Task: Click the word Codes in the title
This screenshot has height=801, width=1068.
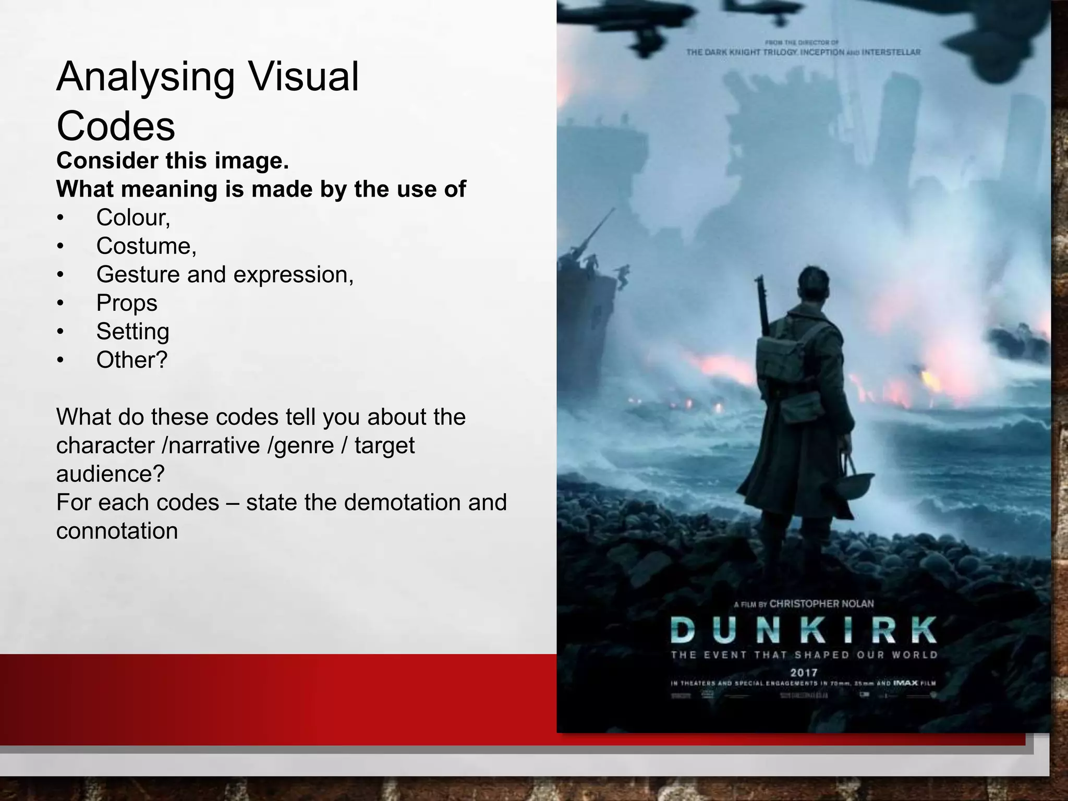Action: [115, 126]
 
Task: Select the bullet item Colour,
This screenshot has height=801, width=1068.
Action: [133, 217]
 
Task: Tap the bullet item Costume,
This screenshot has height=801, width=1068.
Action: [146, 246]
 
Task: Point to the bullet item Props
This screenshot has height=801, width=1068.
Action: [127, 303]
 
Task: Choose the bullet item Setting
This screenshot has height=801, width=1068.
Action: [132, 332]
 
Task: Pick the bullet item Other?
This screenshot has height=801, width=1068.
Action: [131, 360]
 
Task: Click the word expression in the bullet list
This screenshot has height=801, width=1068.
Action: [293, 275]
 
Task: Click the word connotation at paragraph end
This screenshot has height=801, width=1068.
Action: [117, 531]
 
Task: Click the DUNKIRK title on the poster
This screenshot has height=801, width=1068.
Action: [804, 629]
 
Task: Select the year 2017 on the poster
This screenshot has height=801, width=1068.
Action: [804, 673]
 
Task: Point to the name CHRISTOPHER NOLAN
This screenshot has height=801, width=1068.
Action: [821, 603]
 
